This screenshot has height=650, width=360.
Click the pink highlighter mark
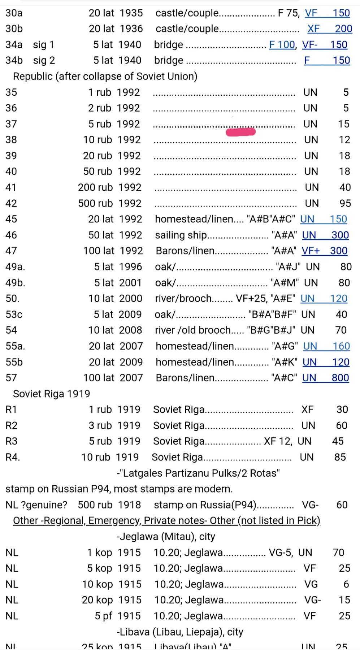click(x=240, y=132)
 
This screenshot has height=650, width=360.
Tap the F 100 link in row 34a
click(x=282, y=45)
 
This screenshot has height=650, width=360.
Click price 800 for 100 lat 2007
click(x=340, y=378)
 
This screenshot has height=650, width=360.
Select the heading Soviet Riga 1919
click(x=52, y=394)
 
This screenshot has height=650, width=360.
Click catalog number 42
click(x=11, y=203)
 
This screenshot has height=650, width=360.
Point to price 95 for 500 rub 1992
click(x=345, y=203)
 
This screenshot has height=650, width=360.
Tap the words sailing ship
click(x=181, y=235)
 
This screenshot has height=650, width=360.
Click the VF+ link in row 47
click(x=311, y=251)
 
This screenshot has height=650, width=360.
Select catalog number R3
click(x=12, y=441)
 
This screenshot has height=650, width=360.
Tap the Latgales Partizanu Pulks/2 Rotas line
click(x=198, y=473)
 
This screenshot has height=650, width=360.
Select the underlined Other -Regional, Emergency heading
click(x=166, y=521)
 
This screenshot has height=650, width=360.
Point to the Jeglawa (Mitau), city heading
click(x=166, y=537)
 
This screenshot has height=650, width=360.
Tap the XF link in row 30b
click(x=313, y=29)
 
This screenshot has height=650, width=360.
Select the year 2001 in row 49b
click(x=130, y=283)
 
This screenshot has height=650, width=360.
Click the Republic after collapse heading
click(x=105, y=77)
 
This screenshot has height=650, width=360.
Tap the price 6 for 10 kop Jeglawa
click(x=346, y=584)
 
